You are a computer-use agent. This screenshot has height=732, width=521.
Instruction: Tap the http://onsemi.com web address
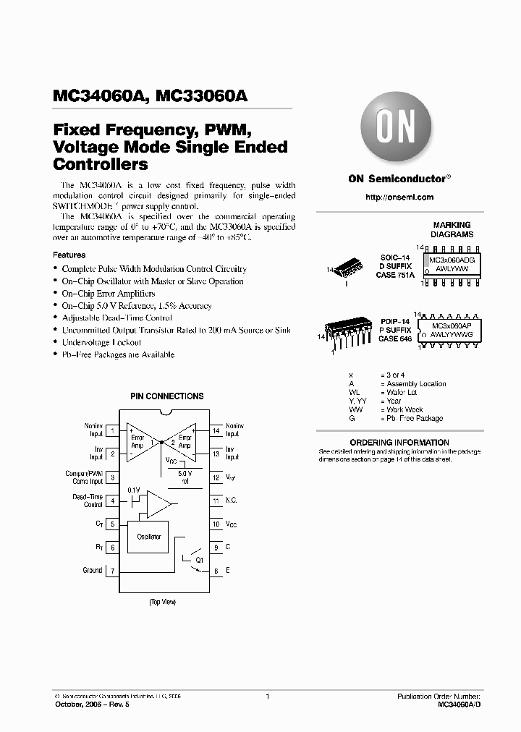click(x=399, y=197)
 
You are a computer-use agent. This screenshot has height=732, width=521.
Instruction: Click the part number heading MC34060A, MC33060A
click(x=151, y=95)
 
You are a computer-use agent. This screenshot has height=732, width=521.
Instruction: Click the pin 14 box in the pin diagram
click(x=215, y=431)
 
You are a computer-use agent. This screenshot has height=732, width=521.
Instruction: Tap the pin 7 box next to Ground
click(x=113, y=571)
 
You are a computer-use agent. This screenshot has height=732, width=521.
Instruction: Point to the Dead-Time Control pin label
click(x=88, y=501)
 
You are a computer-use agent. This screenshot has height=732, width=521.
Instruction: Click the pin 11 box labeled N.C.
click(x=215, y=501)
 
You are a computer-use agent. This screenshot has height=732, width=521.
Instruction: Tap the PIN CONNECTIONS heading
click(x=166, y=396)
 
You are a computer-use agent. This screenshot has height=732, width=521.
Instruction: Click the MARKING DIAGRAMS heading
click(x=451, y=230)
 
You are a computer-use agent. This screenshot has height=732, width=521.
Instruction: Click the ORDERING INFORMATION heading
click(x=399, y=442)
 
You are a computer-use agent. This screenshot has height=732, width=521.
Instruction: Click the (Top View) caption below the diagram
click(x=162, y=602)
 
